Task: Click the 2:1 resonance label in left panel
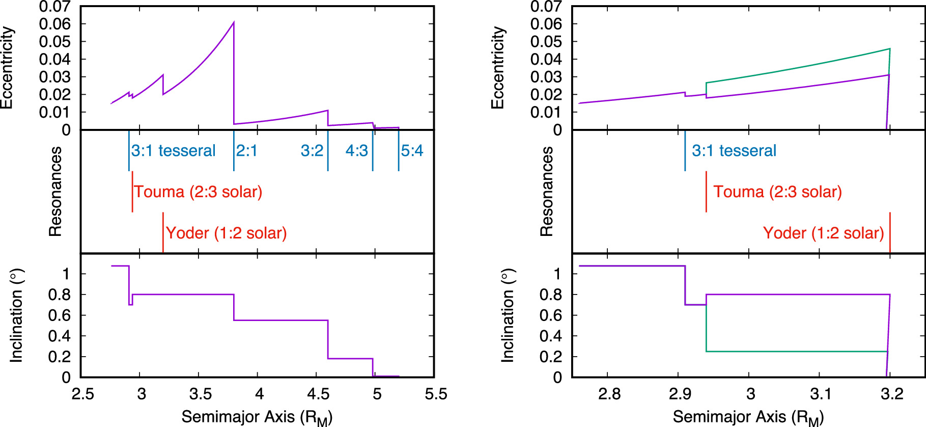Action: click(247, 151)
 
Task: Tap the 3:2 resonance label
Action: click(312, 151)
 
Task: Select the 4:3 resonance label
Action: click(356, 151)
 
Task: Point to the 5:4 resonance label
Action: click(412, 151)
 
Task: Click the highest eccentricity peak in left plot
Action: click(234, 22)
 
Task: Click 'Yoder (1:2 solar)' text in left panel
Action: click(226, 233)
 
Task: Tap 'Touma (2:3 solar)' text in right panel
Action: click(777, 192)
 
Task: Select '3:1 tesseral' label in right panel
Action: click(734, 151)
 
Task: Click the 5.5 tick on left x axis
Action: click(436, 394)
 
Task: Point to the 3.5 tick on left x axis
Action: click(200, 394)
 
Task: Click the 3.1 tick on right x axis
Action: click(820, 394)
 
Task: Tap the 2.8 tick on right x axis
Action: click(609, 394)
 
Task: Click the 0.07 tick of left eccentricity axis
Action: click(55, 7)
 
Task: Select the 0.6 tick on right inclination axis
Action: click(551, 315)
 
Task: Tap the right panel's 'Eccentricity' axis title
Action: click(497, 68)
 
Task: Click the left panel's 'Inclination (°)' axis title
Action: click(17, 315)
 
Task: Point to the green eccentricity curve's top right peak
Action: click(889, 49)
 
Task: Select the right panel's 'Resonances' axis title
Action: click(546, 192)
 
